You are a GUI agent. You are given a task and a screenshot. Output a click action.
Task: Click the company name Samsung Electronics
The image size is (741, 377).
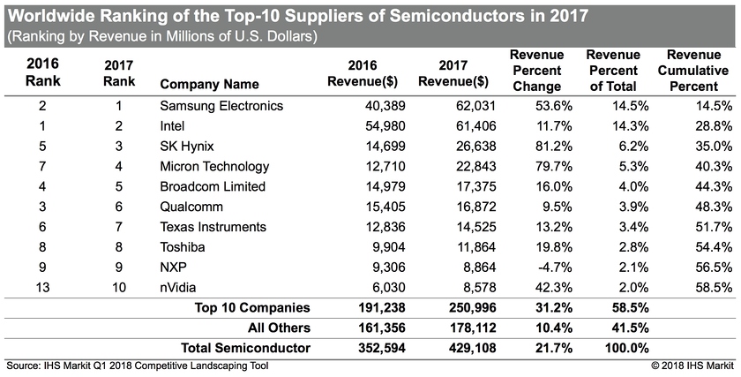point(221,106)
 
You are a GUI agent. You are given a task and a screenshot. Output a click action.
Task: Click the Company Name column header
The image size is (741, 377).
point(210,85)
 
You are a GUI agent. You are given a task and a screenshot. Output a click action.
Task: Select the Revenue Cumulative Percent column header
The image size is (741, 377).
point(693,70)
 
